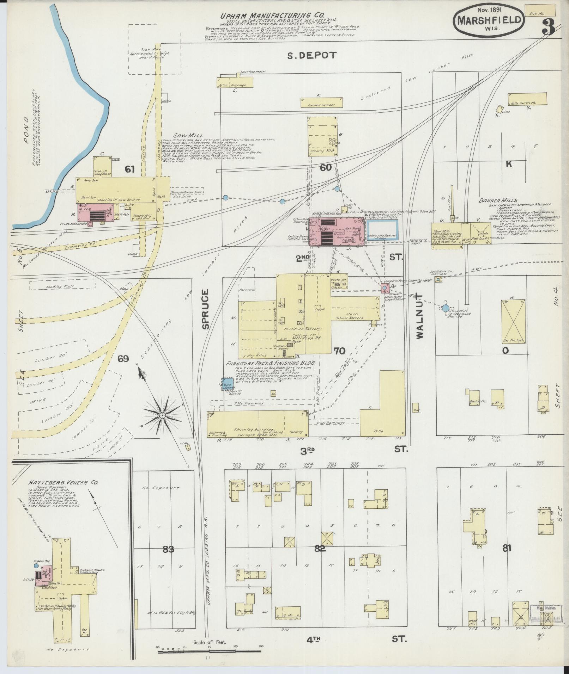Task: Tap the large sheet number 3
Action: click(547, 27)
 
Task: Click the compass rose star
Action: click(162, 416)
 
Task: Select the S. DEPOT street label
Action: click(311, 55)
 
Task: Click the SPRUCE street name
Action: click(206, 309)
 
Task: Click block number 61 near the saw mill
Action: click(130, 169)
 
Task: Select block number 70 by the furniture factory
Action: click(339, 351)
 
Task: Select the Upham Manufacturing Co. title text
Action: click(268, 16)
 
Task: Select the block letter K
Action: click(509, 164)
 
